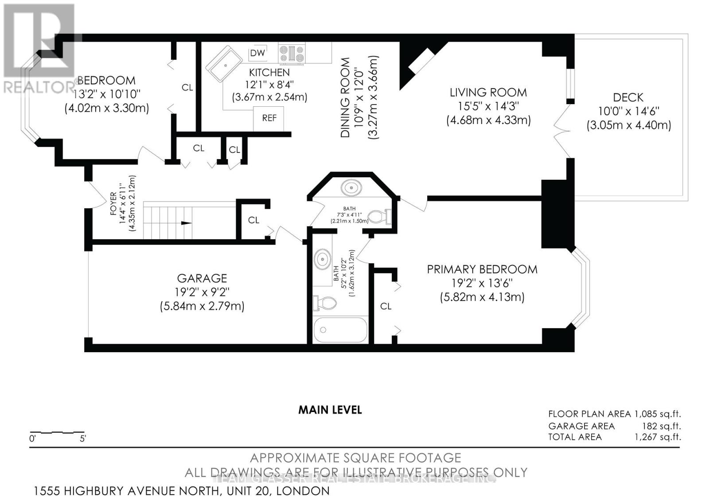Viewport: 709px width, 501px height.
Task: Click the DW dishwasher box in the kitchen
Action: click(x=257, y=53)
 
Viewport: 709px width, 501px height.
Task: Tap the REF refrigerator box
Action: click(x=269, y=118)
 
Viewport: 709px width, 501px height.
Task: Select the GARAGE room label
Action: click(x=202, y=278)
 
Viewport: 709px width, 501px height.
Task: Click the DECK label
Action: click(x=628, y=97)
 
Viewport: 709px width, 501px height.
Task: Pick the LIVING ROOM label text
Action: click(x=488, y=93)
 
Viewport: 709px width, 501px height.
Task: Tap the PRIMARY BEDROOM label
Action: click(x=482, y=269)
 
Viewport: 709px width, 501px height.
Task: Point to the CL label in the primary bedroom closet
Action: click(x=386, y=306)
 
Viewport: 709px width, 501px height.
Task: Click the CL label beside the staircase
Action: click(x=253, y=220)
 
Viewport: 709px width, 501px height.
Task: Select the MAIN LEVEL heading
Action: click(x=330, y=410)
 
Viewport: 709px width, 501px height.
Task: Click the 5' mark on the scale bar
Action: click(x=83, y=439)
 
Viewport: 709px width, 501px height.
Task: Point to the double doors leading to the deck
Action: click(x=561, y=130)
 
